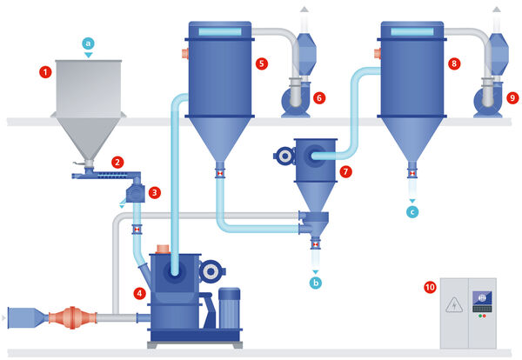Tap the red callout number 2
pyautogui.click(x=117, y=161)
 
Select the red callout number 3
pyautogui.click(x=154, y=192)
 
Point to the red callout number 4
pyautogui.click(x=139, y=293)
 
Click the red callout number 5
pyautogui.click(x=261, y=63)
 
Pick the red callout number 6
pyautogui.click(x=318, y=98)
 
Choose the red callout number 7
pyautogui.click(x=345, y=171)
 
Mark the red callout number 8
pyautogui.click(x=454, y=63)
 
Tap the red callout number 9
pyautogui.click(x=512, y=98)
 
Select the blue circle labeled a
pyautogui.click(x=86, y=42)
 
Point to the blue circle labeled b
pyautogui.click(x=315, y=283)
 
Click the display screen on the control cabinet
pyautogui.click(x=480, y=299)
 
